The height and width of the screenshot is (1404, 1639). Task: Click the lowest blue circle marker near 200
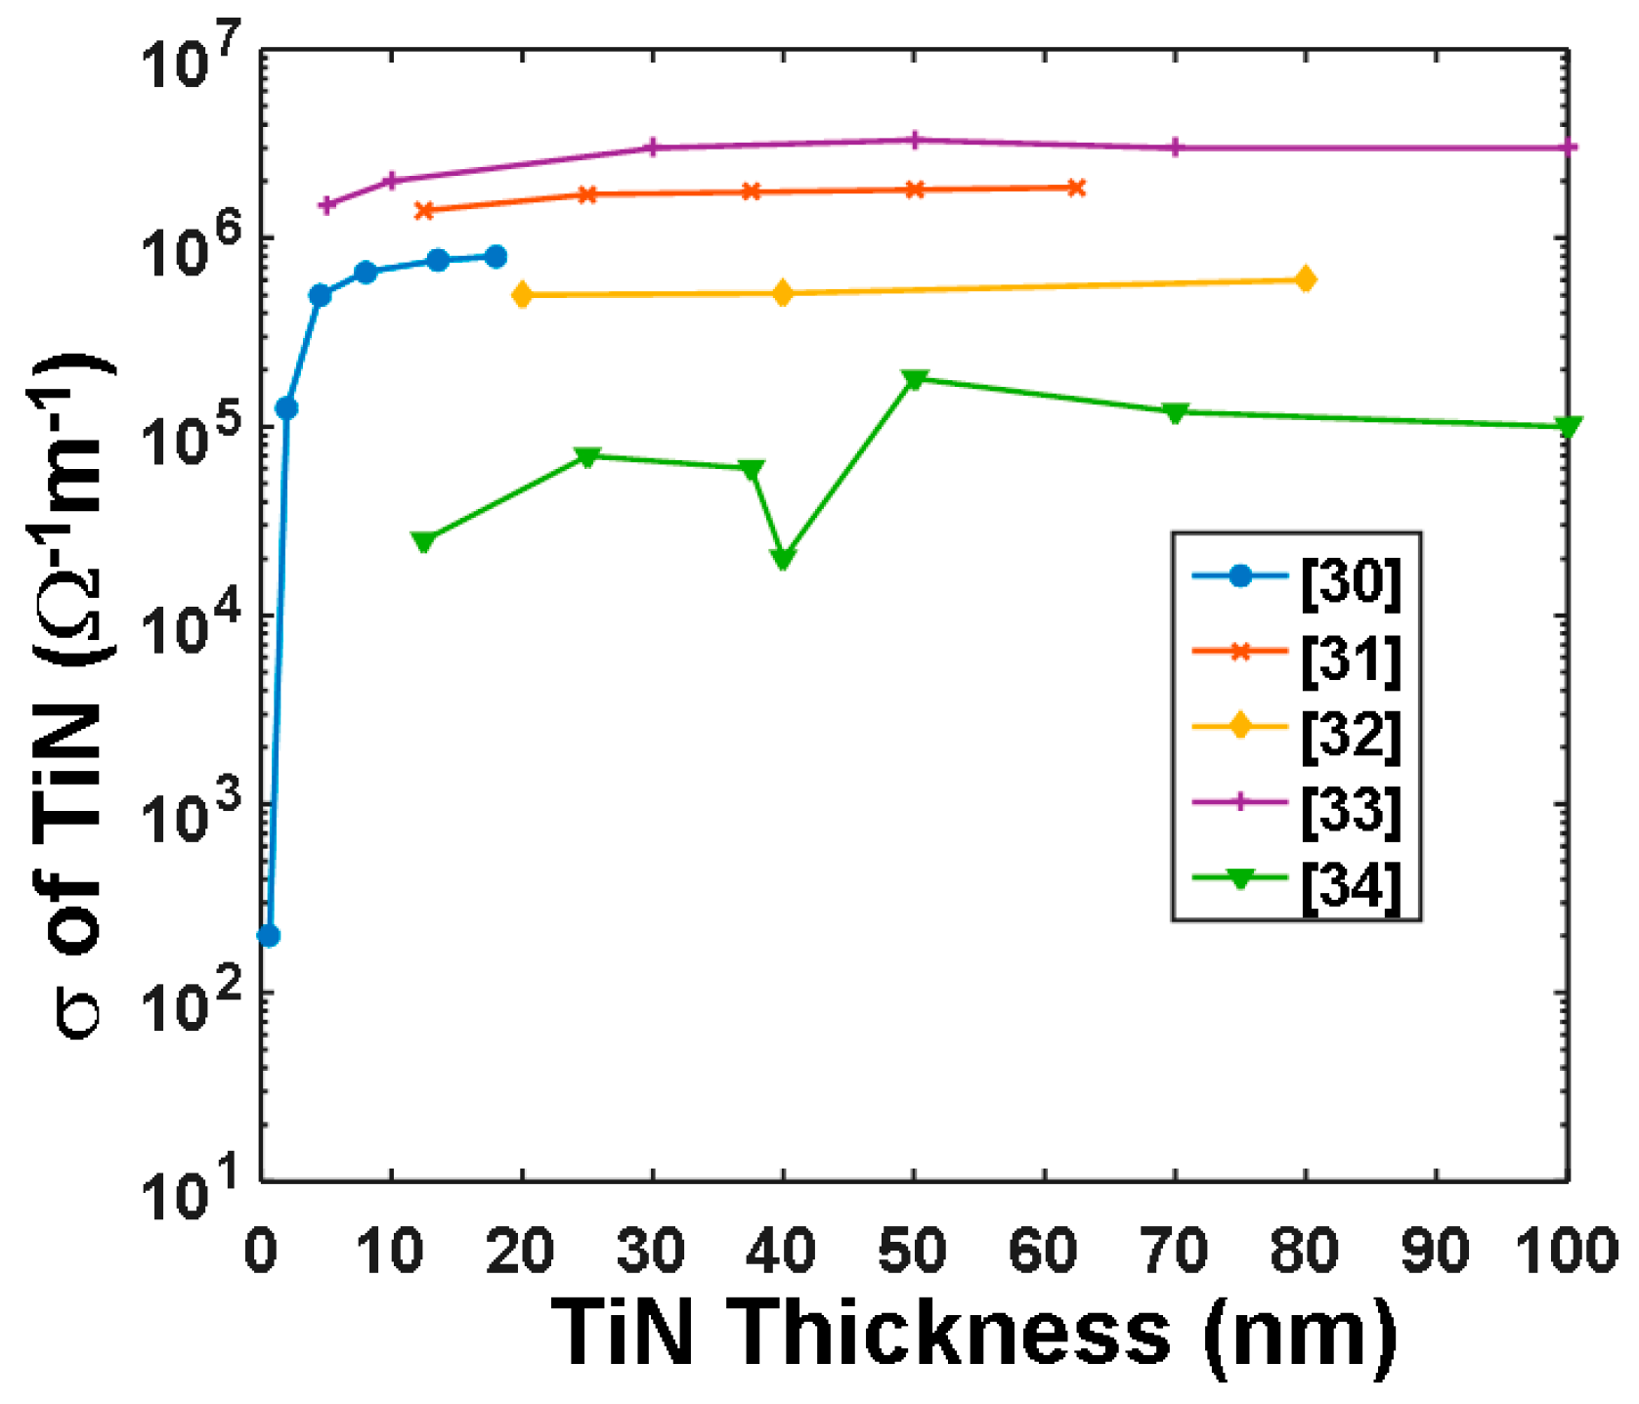click(x=268, y=936)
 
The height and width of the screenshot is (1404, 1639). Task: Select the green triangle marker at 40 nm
click(x=783, y=558)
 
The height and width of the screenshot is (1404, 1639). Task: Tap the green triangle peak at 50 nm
click(x=914, y=379)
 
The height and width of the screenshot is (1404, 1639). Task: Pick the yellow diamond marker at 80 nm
click(x=1305, y=280)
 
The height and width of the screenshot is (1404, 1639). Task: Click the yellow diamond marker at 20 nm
click(x=522, y=295)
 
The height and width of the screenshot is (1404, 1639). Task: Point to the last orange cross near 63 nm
click(x=1076, y=188)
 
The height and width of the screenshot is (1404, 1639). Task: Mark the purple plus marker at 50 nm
click(x=914, y=140)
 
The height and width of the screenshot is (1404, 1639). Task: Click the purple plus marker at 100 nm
click(x=1567, y=148)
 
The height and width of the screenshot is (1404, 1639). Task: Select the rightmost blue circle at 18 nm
click(x=496, y=257)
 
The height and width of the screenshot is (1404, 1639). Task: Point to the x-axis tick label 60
click(x=1044, y=1250)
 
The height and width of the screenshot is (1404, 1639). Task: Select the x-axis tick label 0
click(x=261, y=1250)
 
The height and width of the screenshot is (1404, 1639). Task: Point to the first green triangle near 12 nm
click(x=423, y=541)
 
